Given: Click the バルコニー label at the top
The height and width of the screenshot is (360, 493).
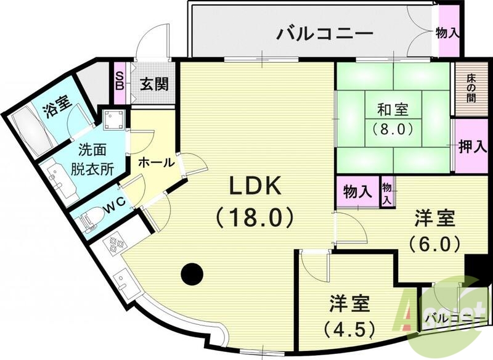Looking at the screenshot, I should point(325,32).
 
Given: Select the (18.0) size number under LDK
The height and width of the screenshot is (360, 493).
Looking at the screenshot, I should point(255,217).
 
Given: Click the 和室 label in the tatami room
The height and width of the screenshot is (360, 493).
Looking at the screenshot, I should point(393,110).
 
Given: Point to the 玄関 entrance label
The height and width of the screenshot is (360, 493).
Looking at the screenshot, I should point(153,84).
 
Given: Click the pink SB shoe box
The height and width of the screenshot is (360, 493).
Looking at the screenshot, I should point(120,77).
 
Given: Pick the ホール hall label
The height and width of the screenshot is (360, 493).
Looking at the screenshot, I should point(154,163).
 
